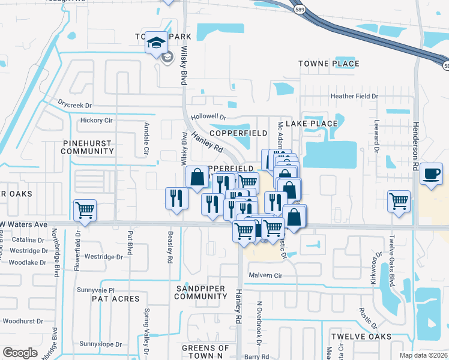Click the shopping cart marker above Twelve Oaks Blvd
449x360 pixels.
click(x=399, y=201)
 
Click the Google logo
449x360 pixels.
click(x=20, y=352)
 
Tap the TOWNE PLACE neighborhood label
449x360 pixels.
click(x=330, y=64)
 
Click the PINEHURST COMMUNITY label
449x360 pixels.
click(x=88, y=148)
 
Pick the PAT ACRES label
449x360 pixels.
click(x=116, y=299)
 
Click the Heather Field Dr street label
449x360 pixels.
click(x=355, y=96)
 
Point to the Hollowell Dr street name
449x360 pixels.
click(x=207, y=118)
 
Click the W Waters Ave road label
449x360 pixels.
click(x=24, y=224)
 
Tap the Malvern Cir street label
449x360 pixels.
click(x=261, y=275)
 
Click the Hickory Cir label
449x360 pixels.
click(x=96, y=121)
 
